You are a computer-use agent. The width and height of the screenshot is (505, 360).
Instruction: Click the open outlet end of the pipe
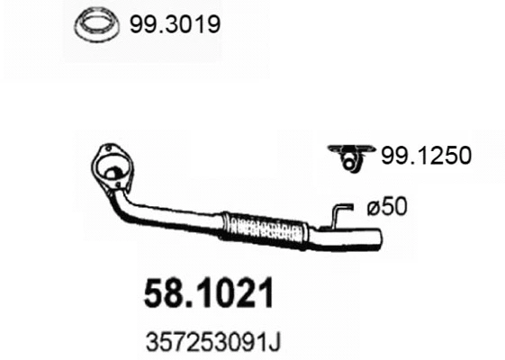click(378, 241)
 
